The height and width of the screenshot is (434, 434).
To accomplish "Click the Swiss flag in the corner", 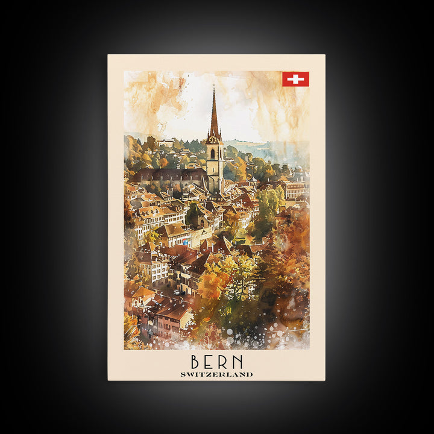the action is tap(295, 79).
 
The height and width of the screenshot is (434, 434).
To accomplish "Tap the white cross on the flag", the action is tap(295, 79).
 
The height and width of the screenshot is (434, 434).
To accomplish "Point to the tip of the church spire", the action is tap(213, 88).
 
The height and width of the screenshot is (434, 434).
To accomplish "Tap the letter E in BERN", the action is tap(209, 362).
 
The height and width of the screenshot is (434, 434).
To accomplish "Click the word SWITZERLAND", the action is tap(216, 374).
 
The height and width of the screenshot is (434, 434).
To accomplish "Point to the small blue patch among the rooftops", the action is tap(185, 242).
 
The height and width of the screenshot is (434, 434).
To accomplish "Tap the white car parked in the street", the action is tap(179, 292).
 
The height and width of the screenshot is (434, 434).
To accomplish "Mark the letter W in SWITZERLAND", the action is tap(190, 374).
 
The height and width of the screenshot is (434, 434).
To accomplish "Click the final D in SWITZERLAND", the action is tap(250, 374).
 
